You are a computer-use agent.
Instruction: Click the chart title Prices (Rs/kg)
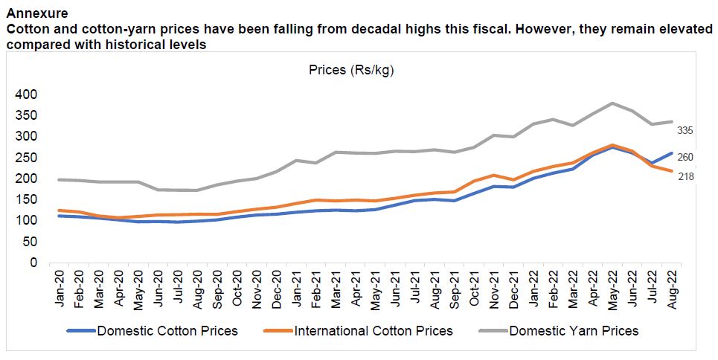pos(350,71)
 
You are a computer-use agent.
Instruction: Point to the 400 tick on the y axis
pos(25,94)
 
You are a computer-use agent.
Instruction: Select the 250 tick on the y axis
pos(25,158)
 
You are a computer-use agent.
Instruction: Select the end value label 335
pos(685,131)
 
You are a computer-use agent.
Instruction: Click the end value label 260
pos(685,157)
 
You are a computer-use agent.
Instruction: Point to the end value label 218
pos(685,176)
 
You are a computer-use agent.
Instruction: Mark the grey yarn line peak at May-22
pos(612,103)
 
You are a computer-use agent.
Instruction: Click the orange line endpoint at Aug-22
pos(671,171)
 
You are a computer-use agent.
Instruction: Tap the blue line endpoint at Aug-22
pos(671,153)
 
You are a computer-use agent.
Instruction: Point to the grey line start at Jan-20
pos(59,179)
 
